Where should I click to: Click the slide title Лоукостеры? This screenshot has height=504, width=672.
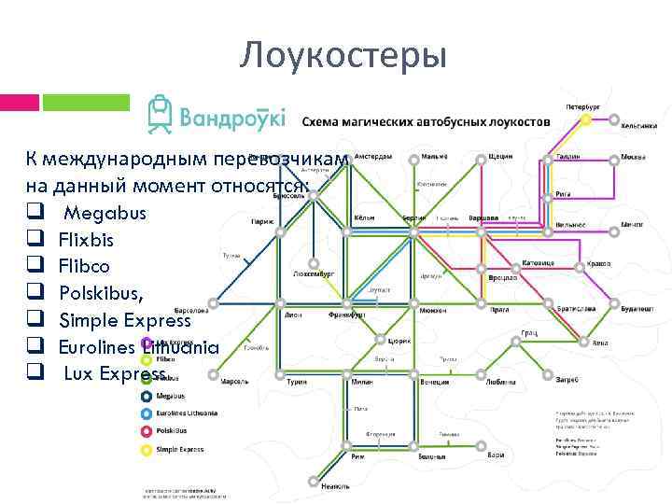click(343, 55)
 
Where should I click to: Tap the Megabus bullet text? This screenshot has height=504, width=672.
click(105, 213)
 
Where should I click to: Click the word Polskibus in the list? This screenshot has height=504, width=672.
click(101, 294)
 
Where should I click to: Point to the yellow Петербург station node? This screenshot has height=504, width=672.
click(585, 119)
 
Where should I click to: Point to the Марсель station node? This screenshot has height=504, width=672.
click(214, 379)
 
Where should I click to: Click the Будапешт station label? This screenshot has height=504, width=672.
click(638, 308)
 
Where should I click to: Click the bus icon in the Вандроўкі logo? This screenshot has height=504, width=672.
click(161, 114)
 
